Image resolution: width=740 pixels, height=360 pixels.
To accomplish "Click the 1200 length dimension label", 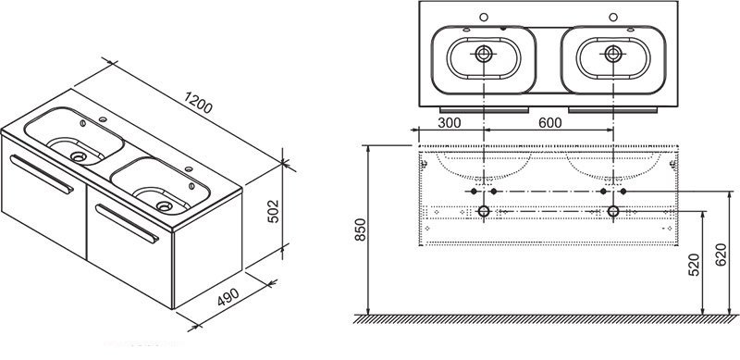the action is click(198, 103).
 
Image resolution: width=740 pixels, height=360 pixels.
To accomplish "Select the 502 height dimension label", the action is click(273, 211).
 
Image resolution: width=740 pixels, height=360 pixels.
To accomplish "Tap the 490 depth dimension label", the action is click(228, 297).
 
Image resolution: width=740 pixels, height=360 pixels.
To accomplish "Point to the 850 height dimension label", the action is click(360, 230).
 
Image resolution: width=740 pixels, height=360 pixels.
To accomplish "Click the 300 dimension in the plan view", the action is click(450, 123).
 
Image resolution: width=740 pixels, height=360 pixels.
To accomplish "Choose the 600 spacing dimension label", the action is click(550, 123).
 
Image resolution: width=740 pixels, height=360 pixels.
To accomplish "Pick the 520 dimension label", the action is click(694, 264).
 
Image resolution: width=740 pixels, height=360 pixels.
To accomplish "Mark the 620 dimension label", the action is click(721, 254).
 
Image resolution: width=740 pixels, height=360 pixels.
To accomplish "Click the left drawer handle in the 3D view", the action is click(42, 174).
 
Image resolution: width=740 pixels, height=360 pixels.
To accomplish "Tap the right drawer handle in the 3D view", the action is click(128, 223).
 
